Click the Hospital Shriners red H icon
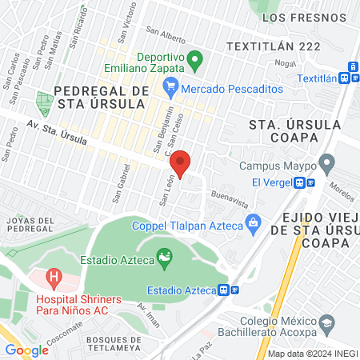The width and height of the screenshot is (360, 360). pyautogui.click(x=54, y=279)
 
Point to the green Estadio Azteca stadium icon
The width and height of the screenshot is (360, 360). pyautogui.click(x=165, y=257)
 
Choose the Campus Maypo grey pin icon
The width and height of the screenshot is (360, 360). pyautogui.click(x=326, y=165)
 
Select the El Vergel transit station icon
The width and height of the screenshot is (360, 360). pyautogui.click(x=303, y=182)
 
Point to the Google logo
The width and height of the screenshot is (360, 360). pyautogui.click(x=26, y=350)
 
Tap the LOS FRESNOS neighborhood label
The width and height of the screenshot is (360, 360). pyautogui.click(x=297, y=17)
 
